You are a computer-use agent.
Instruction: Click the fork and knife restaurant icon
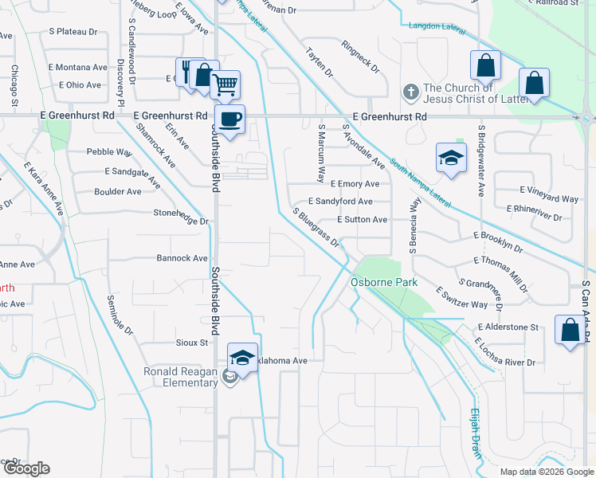click(x=186, y=72)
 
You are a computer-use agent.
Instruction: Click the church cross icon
click(x=411, y=92)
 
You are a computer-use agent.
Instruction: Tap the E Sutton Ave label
click(x=362, y=219)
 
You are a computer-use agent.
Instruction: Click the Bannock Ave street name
click(x=182, y=258)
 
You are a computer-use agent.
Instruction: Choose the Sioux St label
click(x=191, y=343)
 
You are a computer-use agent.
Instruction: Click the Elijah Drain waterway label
click(x=475, y=434)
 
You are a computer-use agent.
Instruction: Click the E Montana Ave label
click(x=77, y=68)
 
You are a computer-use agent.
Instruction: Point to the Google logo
click(x=25, y=468)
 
